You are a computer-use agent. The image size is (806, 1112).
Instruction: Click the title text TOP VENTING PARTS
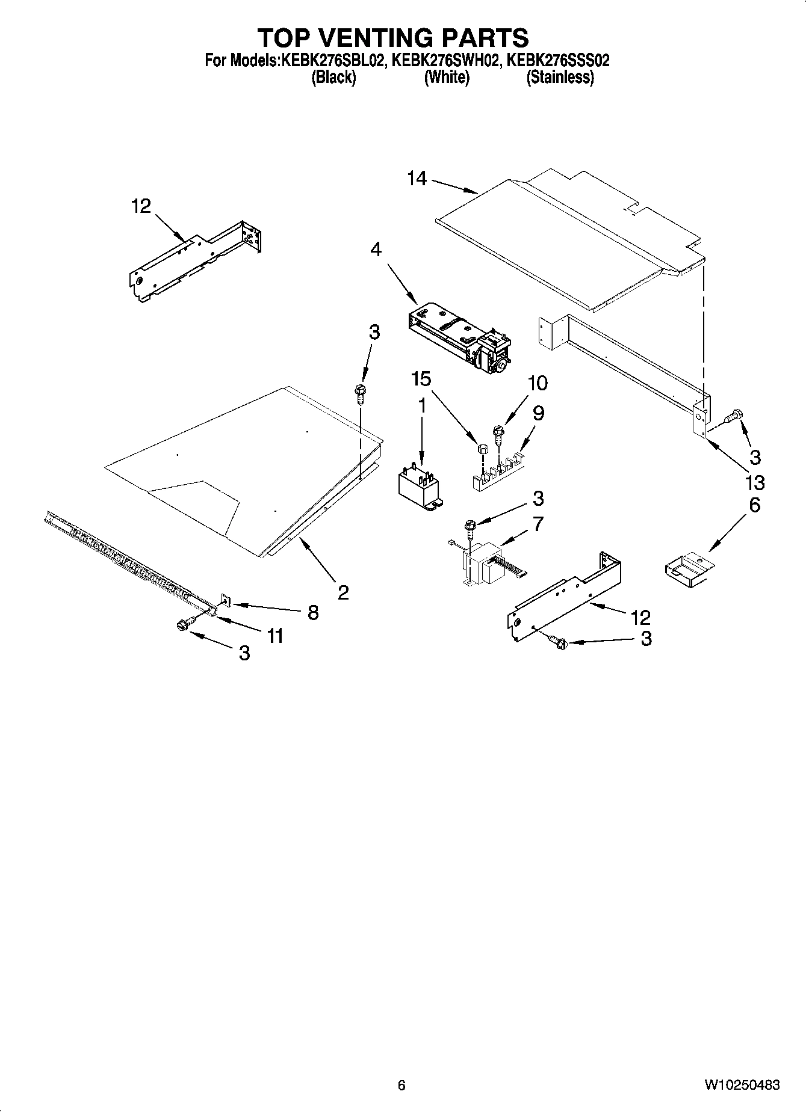click(x=394, y=38)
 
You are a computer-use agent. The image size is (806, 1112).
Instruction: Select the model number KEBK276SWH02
click(x=445, y=61)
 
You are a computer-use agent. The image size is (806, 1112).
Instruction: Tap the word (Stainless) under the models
click(x=560, y=78)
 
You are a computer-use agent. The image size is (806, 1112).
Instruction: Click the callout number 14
click(x=417, y=179)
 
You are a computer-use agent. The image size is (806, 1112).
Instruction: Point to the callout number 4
click(x=376, y=250)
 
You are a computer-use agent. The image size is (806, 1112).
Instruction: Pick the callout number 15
click(x=421, y=379)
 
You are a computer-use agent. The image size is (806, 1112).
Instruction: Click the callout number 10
click(x=538, y=383)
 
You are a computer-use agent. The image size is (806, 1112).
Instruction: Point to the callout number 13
click(x=754, y=482)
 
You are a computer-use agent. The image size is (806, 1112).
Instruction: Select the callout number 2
click(x=343, y=593)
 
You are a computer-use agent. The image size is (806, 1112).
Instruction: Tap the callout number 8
click(x=313, y=612)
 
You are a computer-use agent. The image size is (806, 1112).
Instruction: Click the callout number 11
click(x=275, y=636)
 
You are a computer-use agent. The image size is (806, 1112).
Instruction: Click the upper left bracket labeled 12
click(x=196, y=259)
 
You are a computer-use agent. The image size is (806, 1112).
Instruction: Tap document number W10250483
click(x=742, y=1085)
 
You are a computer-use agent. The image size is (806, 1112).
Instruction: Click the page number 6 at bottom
click(x=401, y=1085)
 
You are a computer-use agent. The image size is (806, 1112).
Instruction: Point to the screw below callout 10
click(x=498, y=432)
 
